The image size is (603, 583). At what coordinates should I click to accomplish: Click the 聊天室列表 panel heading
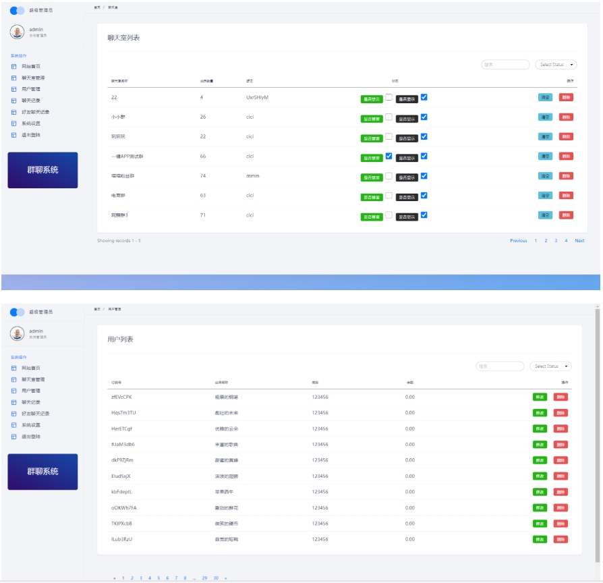click(124, 38)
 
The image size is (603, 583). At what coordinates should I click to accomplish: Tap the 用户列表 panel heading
click(121, 339)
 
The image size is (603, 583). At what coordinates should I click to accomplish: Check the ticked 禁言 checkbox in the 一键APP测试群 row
click(389, 156)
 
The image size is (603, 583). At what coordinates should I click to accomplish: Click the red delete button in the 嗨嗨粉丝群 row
click(566, 176)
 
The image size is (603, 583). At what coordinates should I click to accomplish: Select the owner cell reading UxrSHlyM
click(258, 98)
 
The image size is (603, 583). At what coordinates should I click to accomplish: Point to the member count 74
click(203, 176)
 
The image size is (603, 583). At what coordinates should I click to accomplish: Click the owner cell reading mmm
click(253, 176)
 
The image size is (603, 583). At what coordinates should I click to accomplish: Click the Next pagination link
click(579, 241)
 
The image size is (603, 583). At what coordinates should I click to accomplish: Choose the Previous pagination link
click(518, 241)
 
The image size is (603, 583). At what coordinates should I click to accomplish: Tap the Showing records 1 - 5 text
click(119, 241)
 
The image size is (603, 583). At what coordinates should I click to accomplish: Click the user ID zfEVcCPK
click(121, 397)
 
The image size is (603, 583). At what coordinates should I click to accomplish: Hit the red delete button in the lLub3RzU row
click(561, 539)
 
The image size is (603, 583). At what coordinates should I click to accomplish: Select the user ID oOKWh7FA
click(124, 507)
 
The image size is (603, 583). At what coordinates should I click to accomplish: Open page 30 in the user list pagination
click(216, 578)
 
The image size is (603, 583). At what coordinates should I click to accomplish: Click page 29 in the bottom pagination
click(204, 578)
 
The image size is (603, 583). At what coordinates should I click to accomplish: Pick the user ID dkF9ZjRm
click(122, 460)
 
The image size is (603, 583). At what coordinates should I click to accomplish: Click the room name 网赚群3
click(119, 215)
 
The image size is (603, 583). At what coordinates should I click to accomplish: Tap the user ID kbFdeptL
click(121, 492)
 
